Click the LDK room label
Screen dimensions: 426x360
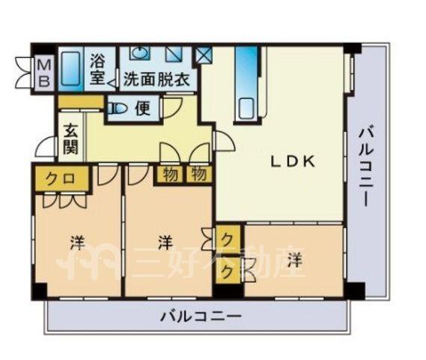click(293, 162)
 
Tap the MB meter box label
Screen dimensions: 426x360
click(43, 73)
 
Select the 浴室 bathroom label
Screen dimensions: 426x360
click(97, 70)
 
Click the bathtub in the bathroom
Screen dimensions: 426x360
click(70, 69)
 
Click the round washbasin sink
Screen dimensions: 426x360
click(139, 52)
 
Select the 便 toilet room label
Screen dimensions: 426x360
click(143, 109)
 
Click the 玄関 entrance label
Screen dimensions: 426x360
click(70, 139)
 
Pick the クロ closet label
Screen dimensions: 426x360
click(60, 178)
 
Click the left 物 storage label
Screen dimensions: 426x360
click(171, 174)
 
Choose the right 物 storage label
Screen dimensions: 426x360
click(198, 174)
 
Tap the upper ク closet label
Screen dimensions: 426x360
click(227, 240)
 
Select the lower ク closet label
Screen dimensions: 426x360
click(227, 271)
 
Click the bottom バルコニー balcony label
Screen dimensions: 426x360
click(201, 316)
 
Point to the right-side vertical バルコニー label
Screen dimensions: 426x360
click(364, 166)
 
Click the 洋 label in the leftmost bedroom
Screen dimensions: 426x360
click(78, 243)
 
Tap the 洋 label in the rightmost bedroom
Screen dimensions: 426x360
click(295, 260)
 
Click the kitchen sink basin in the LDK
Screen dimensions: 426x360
click(246, 108)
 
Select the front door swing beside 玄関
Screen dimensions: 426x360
click(46, 146)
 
